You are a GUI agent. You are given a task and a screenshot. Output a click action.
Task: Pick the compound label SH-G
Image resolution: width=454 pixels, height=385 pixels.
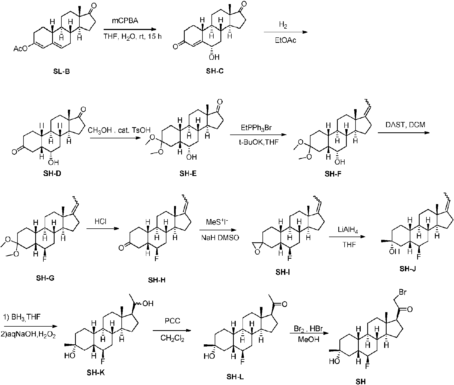(x=45, y=278)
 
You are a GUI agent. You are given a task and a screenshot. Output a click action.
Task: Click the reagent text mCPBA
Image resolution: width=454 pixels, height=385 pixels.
(x=125, y=21)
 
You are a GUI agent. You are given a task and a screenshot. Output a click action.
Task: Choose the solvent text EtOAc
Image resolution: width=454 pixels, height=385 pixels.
(x=285, y=41)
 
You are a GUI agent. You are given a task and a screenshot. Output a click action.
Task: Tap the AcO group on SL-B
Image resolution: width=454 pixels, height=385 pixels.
(x=20, y=49)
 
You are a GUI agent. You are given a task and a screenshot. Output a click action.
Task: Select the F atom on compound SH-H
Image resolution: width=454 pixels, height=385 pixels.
(x=156, y=258)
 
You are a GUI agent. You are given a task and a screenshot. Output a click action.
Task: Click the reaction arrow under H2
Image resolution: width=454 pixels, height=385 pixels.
(x=285, y=32)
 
